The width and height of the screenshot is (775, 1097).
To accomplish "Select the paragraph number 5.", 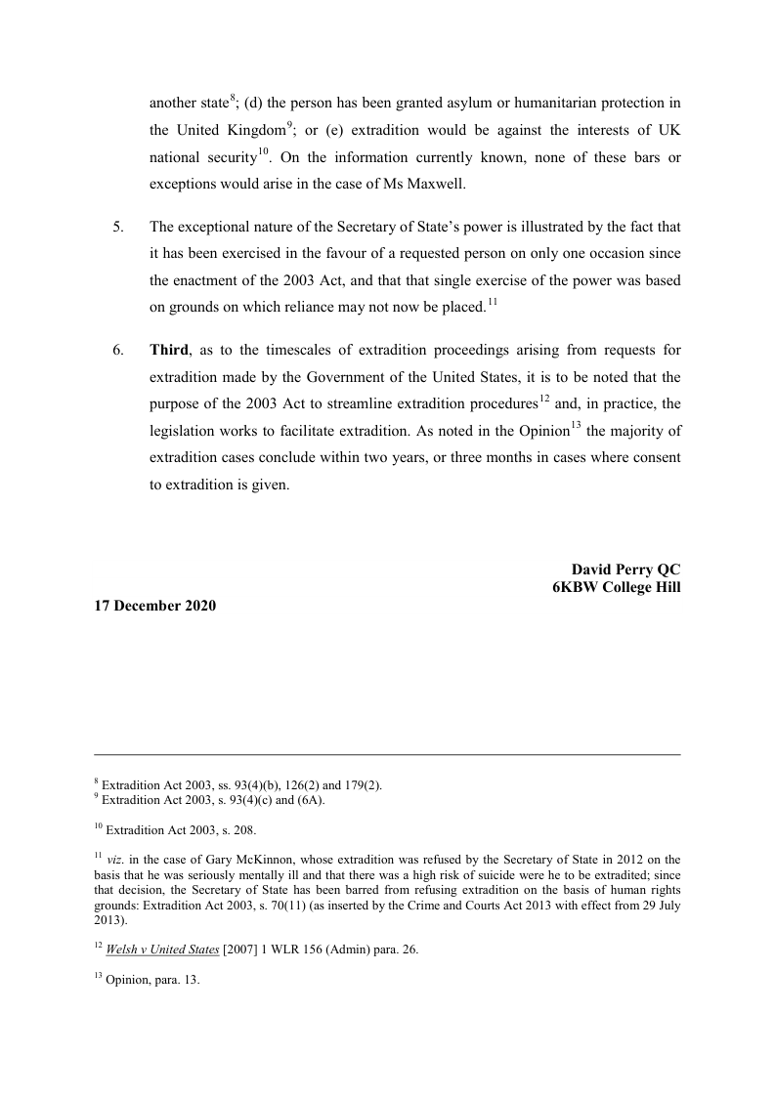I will [118, 227].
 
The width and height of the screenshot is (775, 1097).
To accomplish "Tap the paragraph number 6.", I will [118, 350].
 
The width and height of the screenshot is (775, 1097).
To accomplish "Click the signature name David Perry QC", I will [625, 570].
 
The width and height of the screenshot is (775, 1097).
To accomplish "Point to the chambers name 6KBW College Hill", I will [616, 587].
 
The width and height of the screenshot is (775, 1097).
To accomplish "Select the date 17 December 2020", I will [155, 606].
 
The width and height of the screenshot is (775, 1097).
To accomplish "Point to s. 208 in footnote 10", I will [222, 831].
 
